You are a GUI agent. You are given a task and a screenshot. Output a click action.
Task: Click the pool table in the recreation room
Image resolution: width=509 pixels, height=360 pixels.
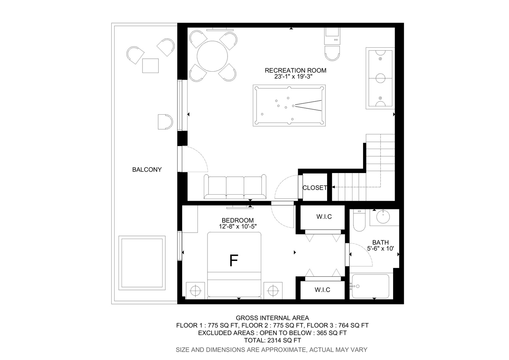289,106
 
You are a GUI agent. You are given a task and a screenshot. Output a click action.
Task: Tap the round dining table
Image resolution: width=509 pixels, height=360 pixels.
212,56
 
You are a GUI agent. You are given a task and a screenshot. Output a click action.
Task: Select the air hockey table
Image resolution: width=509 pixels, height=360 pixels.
380,78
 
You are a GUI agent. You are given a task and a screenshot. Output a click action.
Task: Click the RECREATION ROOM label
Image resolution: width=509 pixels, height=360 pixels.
295,70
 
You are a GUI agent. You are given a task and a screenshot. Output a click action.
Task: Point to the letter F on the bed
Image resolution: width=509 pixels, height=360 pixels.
234,260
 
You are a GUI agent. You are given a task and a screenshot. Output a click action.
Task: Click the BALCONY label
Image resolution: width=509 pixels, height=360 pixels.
147,170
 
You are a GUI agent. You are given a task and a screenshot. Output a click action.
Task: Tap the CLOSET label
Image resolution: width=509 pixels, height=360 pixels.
315,188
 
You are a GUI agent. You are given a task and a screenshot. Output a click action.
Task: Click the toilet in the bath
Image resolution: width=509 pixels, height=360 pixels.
359,220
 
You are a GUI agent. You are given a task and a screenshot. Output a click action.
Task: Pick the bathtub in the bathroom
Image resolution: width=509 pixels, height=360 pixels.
370,286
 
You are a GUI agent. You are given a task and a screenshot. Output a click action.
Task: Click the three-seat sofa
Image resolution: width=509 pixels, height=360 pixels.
235,187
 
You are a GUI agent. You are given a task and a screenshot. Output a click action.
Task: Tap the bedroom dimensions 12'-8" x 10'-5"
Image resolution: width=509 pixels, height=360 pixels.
238,226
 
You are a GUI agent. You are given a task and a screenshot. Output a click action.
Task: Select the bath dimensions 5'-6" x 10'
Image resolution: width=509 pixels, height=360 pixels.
380,248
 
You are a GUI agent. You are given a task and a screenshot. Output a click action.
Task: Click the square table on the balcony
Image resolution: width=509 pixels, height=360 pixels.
151,66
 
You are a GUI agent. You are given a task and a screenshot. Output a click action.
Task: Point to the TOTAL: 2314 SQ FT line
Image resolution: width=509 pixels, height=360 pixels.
272,340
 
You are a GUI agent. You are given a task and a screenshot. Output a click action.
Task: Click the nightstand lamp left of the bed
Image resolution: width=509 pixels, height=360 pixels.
196,291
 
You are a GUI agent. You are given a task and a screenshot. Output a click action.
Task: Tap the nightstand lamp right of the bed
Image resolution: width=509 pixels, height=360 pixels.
273,291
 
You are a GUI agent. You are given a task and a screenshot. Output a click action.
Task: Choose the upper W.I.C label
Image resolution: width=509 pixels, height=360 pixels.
324,217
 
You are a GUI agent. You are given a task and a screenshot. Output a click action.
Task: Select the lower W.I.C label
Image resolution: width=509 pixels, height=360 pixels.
322,290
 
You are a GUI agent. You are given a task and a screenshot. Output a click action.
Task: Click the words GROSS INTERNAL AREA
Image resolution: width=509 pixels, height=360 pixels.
272,318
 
